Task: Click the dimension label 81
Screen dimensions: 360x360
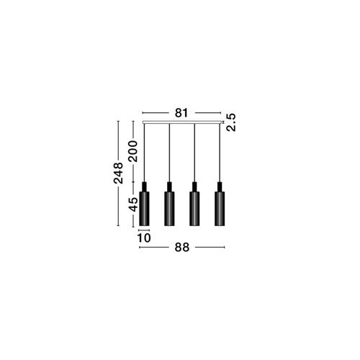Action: pos(181,113)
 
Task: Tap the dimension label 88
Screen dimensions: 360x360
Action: pos(182,247)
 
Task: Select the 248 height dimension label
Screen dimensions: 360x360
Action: pos(118,173)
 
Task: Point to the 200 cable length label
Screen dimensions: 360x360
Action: pos(133,151)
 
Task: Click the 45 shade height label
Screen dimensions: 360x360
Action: pos(133,204)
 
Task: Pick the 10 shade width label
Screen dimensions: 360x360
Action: pos(144,238)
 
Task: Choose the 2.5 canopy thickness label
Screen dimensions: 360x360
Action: pos(231,122)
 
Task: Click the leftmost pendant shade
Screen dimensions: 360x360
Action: pos(144,209)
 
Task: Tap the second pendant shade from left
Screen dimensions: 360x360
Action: pos(169,209)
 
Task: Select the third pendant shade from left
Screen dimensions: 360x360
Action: pos(194,209)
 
